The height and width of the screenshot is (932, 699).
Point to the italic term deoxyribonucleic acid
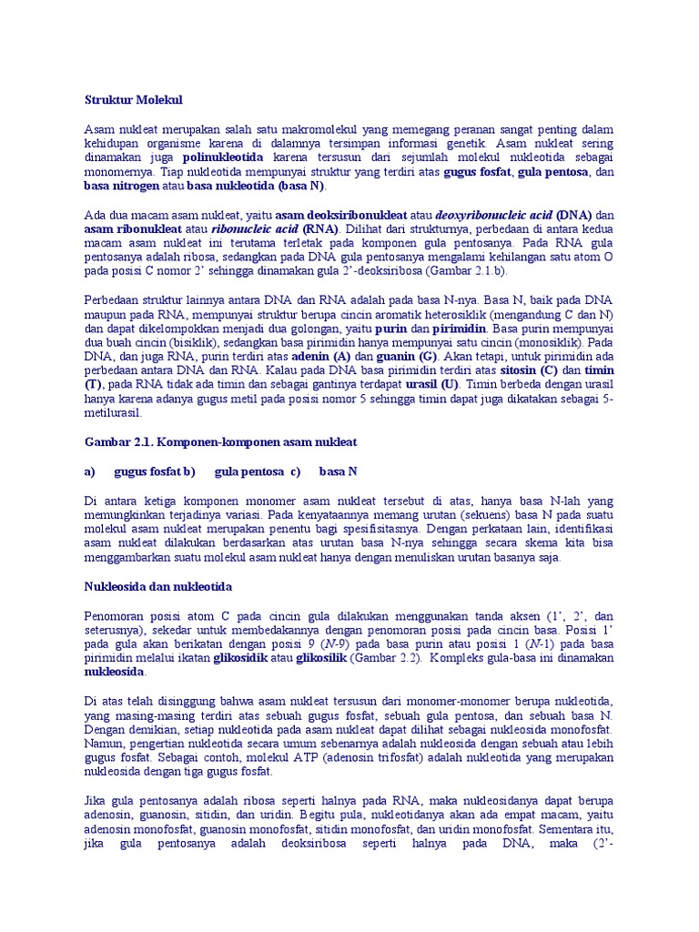493,215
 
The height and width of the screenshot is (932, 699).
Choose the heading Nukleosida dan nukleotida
160,587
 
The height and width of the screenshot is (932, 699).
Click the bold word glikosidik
239,658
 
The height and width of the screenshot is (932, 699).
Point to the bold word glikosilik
321,658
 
